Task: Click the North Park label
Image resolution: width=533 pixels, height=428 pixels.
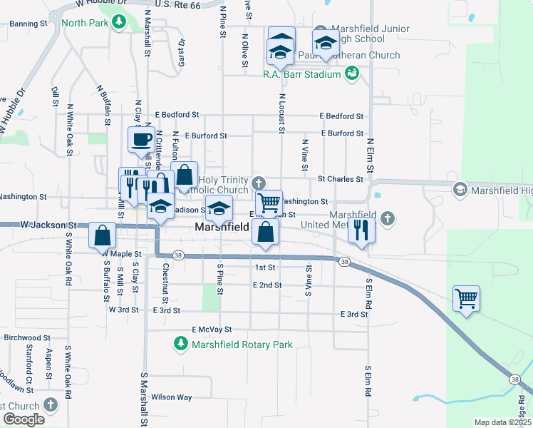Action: coord(84,24)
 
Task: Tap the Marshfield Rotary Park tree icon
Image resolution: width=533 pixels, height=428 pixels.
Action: coord(181,345)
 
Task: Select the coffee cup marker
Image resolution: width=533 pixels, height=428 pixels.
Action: coord(141,138)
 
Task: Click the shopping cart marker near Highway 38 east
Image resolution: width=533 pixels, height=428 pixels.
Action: coord(466,297)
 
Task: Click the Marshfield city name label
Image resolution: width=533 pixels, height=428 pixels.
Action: coord(222,228)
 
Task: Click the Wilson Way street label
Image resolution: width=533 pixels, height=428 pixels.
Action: coord(172,397)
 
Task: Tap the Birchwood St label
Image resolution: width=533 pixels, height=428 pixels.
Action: coord(27,337)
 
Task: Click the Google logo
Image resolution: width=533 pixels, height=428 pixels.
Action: coord(23,419)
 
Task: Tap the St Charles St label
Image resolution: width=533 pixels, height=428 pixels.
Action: coord(341,179)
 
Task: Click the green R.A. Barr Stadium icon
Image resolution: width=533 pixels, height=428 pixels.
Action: coord(351,73)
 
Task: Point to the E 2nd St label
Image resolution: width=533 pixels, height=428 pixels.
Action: coord(267,285)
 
